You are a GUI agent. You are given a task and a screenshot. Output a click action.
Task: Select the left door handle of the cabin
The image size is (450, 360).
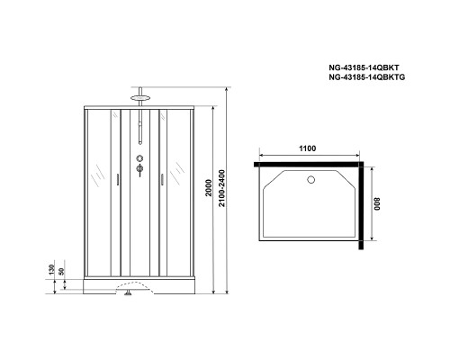[117, 177]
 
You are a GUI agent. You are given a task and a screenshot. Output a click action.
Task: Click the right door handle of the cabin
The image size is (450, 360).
[160, 177]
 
